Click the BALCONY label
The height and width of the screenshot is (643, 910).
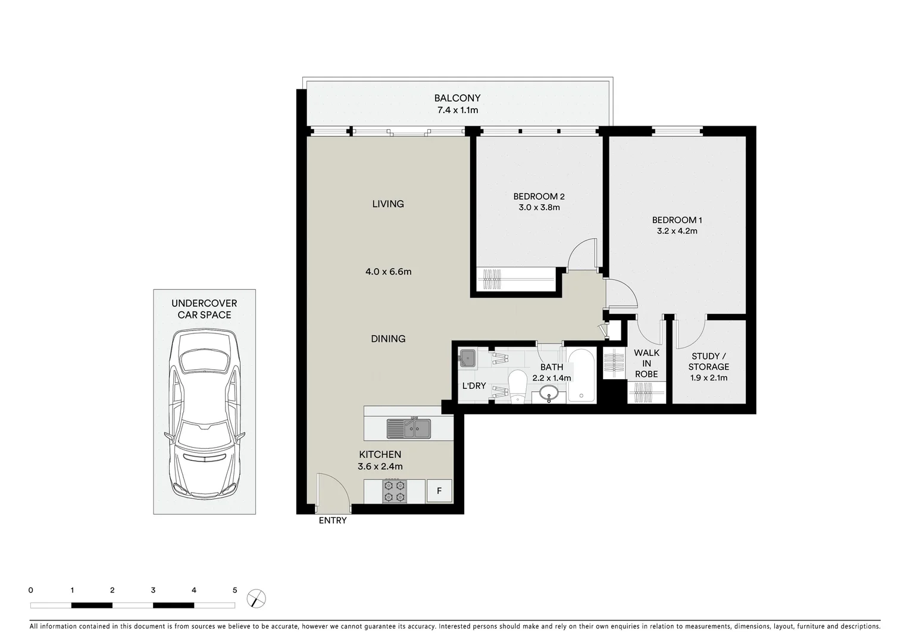coord(457,98)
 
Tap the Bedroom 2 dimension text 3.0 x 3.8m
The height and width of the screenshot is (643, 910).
coord(539,208)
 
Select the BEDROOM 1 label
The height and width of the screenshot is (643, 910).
coord(677,220)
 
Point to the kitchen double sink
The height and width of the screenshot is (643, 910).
coord(408,428)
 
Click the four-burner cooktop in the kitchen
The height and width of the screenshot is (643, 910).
coord(394,491)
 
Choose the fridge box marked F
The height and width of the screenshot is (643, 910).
coord(439,491)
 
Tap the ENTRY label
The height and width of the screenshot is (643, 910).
coord(332,520)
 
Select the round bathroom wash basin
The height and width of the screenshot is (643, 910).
coord(548,393)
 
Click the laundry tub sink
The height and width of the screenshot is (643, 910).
coord(467,358)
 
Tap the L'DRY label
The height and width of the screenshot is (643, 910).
coord(474,386)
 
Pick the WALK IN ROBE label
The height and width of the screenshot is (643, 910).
coord(646,363)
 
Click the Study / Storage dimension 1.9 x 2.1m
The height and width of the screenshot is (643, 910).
coord(708,377)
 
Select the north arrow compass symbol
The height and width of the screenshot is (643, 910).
coord(256,598)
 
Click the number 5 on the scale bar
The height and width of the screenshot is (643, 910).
coord(234,591)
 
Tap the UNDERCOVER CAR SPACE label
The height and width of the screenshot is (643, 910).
coord(204,309)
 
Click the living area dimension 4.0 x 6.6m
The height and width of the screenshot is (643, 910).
coord(388,271)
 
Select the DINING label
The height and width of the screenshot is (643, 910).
coord(388,339)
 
